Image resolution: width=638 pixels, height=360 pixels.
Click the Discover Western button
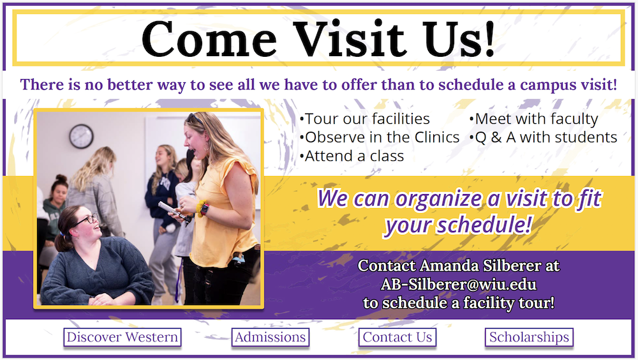click(122, 337)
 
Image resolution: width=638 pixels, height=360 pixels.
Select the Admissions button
click(270, 337)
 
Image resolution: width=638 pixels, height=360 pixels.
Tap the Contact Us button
click(397, 337)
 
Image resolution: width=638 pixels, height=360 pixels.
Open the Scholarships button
click(529, 337)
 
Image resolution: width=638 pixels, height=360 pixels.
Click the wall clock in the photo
click(82, 136)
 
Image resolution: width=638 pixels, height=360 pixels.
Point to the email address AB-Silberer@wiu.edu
click(459, 284)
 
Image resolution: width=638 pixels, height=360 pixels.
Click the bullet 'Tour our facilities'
click(364, 119)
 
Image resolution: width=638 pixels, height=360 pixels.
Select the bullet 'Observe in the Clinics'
click(380, 138)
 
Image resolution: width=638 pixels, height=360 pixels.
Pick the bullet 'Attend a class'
click(352, 156)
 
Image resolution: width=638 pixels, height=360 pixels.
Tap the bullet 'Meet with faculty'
click(534, 119)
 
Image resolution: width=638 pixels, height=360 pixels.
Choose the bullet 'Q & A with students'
click(543, 138)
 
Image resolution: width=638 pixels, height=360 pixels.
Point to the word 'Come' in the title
click(209, 39)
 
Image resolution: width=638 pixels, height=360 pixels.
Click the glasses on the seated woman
click(87, 220)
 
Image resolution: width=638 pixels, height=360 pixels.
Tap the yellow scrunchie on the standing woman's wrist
click(201, 208)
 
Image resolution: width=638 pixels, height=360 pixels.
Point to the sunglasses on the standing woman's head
click(195, 119)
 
